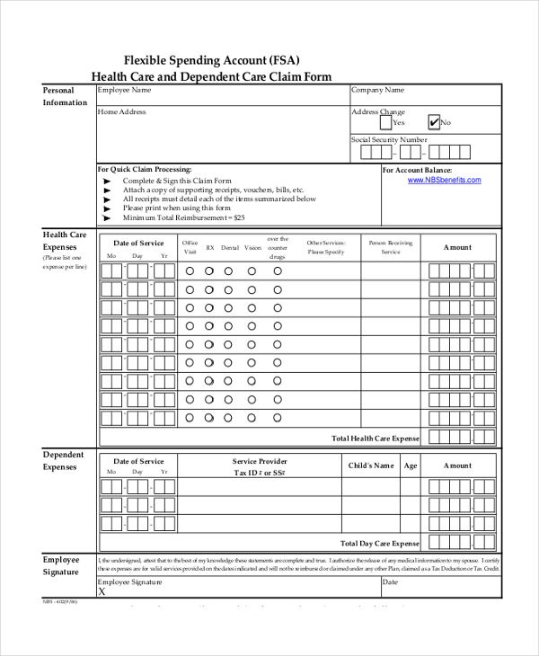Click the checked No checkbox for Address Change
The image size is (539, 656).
coord(434,122)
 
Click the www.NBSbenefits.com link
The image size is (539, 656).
coord(444,180)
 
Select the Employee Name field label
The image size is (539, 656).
coord(125,90)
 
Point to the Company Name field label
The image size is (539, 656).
coord(377,90)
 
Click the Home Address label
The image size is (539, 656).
coord(121,112)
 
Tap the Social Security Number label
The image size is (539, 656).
coord(389,139)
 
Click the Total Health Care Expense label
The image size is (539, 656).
coord(376,439)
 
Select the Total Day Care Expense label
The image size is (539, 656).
coord(380,544)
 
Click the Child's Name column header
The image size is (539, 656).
coord(371,465)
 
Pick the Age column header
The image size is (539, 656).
coord(411,465)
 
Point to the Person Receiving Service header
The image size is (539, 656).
coord(391,247)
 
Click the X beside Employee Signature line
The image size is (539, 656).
coord(102,592)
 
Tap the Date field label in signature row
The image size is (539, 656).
coord(391,582)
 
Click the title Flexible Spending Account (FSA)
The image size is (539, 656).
coord(211,61)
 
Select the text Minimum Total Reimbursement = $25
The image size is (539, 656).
coord(184,217)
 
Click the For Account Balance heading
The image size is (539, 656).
coord(417,170)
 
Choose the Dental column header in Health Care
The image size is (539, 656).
coord(230,247)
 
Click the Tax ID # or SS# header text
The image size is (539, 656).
coord(260,473)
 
